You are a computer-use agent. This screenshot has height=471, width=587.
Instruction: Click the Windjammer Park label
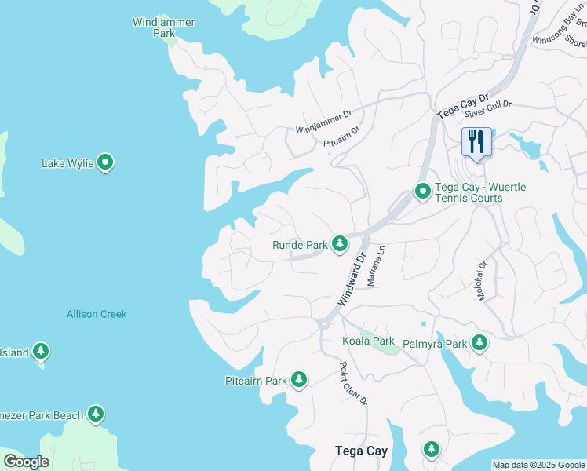click(163, 27)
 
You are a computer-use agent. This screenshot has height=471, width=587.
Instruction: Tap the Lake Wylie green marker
click(106, 163)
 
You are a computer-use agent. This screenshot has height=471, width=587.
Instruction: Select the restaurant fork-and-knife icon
click(476, 142)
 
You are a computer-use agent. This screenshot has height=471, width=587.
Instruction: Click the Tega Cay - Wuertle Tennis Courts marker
click(423, 192)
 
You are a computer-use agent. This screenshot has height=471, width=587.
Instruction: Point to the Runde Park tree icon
click(339, 245)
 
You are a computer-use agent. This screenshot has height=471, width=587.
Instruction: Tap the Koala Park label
click(368, 341)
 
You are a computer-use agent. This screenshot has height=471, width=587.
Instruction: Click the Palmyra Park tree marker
click(479, 343)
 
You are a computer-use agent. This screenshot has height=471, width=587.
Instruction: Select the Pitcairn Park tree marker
click(298, 381)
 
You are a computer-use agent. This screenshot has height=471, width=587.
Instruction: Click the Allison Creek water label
click(97, 314)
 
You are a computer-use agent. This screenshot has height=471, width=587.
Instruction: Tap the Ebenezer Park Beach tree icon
click(96, 414)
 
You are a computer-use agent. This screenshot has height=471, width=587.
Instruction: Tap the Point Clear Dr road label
click(353, 384)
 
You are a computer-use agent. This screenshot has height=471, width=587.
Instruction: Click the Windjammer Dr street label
click(323, 122)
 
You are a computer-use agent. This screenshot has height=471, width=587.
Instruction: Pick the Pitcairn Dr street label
click(341, 137)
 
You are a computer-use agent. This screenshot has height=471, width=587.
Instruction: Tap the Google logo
click(26, 462)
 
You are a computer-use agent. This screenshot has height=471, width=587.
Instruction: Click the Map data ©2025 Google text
click(538, 465)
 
